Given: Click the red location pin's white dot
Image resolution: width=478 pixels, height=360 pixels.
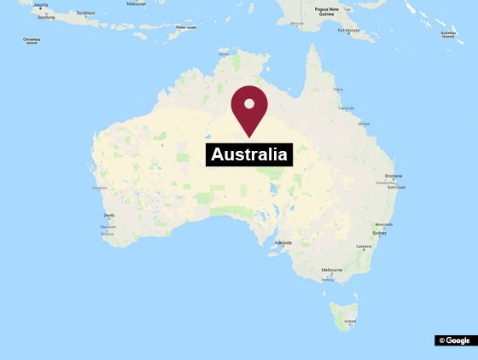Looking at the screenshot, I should [x=249, y=103].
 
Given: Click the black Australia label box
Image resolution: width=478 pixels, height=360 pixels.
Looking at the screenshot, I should [x=249, y=154].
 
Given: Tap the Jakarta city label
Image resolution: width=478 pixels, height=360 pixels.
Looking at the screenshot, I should [x=39, y=4].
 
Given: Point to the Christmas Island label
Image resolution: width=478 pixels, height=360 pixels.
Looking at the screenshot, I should [x=32, y=39].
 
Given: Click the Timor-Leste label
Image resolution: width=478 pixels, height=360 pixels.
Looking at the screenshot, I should [x=185, y=28].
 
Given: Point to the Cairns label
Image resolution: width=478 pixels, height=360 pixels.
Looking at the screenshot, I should [x=337, y=89].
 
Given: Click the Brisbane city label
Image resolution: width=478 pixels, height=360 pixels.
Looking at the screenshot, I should [x=393, y=176].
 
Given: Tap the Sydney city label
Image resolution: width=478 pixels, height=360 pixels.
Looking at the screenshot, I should [x=380, y=232].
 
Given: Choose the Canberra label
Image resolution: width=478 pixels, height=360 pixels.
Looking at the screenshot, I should [x=364, y=247].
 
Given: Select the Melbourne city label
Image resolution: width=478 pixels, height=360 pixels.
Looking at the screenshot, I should [x=332, y=270].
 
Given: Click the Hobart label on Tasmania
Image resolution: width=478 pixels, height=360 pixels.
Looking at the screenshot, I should [x=349, y=321].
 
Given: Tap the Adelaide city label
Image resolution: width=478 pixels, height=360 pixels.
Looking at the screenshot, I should [x=283, y=243].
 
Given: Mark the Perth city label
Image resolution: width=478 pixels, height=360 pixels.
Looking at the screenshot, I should [x=109, y=215].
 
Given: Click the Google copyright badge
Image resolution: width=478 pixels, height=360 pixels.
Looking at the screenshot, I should [x=456, y=340].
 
